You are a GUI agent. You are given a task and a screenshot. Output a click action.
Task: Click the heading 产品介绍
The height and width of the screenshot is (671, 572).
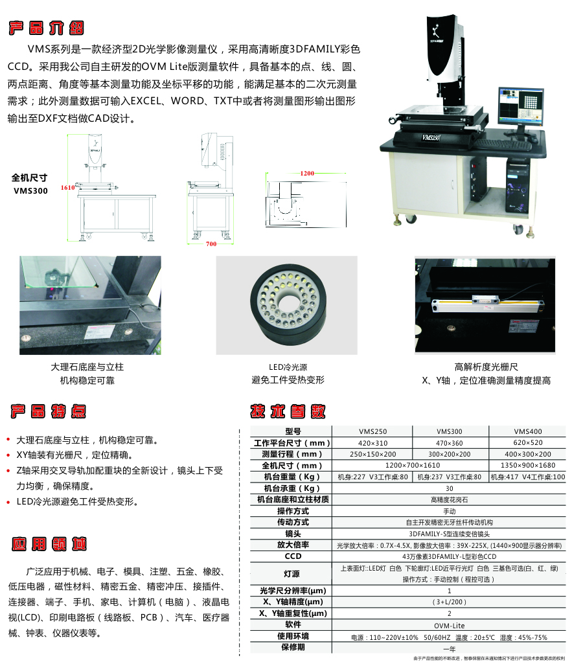(46, 28)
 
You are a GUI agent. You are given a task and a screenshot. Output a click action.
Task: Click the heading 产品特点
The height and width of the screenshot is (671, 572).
(47, 411)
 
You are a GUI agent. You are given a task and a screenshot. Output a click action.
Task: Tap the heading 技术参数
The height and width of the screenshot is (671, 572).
(288, 411)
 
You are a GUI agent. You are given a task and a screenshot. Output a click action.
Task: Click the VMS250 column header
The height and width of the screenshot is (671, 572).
(372, 431)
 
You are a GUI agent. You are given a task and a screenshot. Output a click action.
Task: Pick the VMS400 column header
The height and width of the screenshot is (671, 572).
(527, 431)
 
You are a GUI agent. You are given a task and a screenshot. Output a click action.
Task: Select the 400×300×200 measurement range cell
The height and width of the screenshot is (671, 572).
(527, 454)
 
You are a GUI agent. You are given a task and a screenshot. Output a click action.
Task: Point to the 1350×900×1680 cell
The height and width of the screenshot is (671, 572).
(527, 466)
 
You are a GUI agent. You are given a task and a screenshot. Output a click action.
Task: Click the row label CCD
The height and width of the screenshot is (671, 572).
(293, 556)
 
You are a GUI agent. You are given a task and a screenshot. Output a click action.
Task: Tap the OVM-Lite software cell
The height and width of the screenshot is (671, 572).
(449, 626)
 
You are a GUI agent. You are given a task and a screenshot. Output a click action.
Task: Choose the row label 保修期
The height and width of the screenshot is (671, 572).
(293, 647)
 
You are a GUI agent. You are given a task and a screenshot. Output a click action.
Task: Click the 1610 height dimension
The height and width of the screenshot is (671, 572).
(68, 188)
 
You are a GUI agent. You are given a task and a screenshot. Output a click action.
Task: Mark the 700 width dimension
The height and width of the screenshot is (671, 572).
(211, 244)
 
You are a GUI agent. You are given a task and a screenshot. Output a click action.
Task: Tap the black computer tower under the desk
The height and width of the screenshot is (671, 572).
(517, 184)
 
